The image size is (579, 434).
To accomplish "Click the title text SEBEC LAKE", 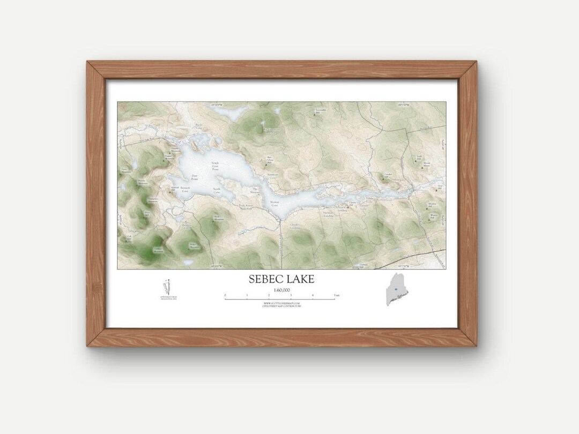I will click(281, 279).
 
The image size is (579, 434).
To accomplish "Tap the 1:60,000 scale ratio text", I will click(281, 290).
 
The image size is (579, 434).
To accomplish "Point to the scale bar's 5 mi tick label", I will click(336, 295).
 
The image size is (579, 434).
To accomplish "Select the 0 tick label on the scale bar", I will click(225, 295).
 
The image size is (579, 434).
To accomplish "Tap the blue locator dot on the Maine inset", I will click(396, 289).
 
